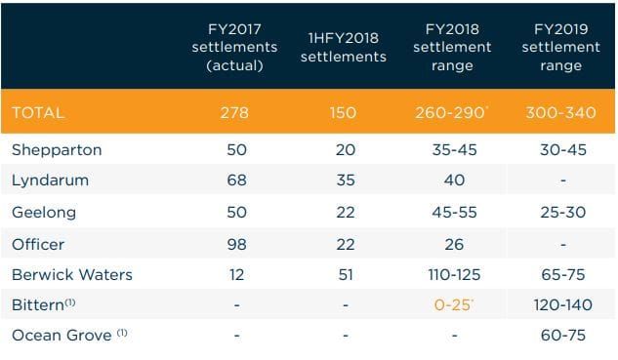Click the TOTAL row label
[x=38, y=113]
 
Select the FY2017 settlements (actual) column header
[x=236, y=47]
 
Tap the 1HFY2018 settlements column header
[x=343, y=48]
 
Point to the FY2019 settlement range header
[x=560, y=47]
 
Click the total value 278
[x=236, y=113]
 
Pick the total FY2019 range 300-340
[x=560, y=113]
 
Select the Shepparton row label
[x=57, y=150]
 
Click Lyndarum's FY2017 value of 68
[x=236, y=180]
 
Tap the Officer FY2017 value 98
[x=236, y=243]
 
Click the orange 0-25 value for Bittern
[x=451, y=305]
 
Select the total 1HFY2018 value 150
[x=343, y=113]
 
